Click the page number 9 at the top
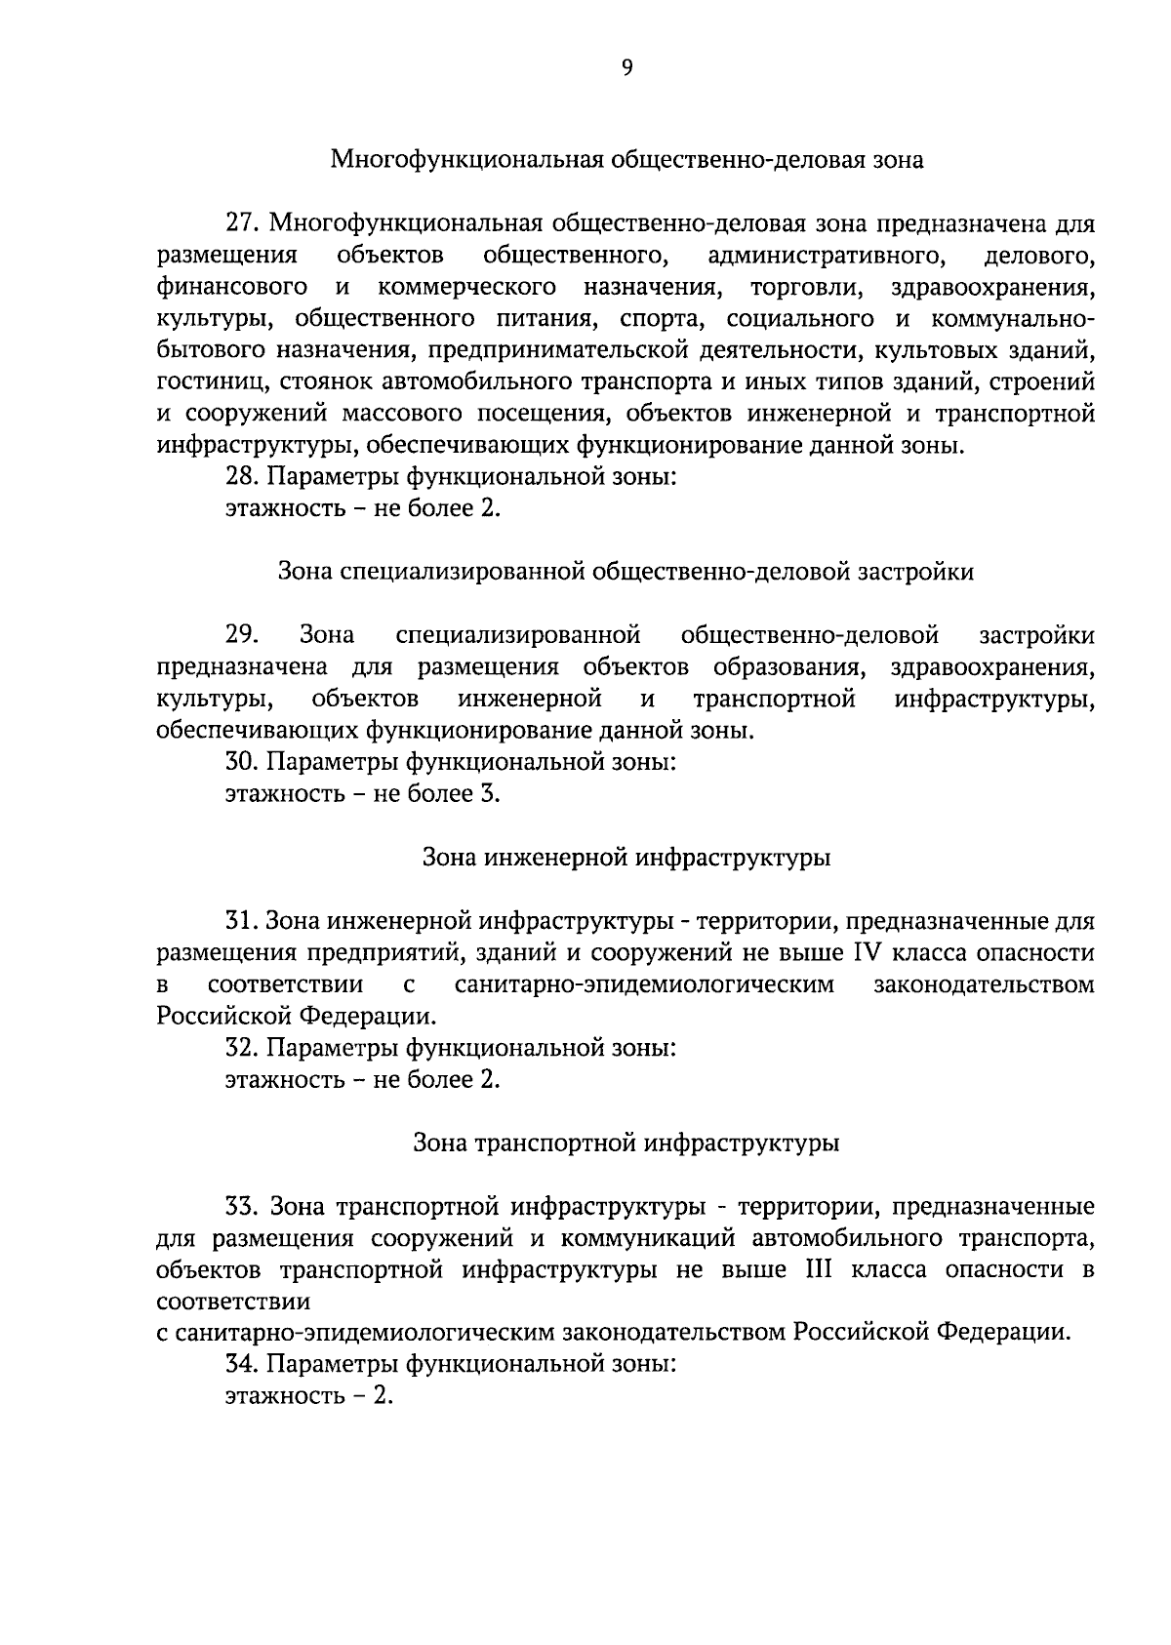coord(626,67)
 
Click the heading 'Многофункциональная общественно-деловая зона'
coord(626,159)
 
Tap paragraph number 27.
coord(240,223)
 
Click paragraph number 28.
coord(240,477)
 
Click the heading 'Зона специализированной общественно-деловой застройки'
coord(626,572)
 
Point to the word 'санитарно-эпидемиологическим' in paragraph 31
coord(644,984)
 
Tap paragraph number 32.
coord(240,1048)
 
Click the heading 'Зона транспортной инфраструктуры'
coord(626,1143)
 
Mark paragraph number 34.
coord(240,1364)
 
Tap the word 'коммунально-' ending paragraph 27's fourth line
coord(1014,319)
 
